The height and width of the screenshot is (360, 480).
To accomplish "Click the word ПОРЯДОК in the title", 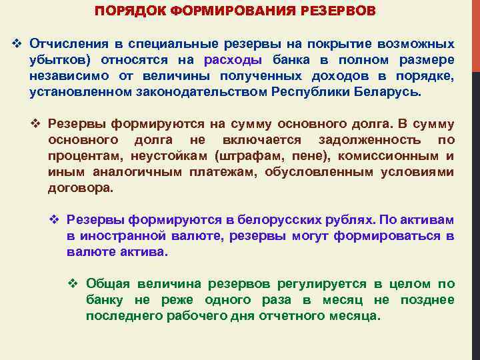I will click(121, 12).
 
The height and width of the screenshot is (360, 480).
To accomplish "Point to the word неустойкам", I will click(177, 156).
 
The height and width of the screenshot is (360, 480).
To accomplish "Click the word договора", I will click(80, 188).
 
